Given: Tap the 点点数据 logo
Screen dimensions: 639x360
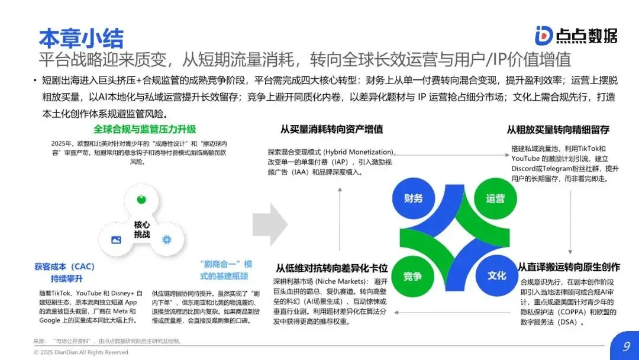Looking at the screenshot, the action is (575, 36).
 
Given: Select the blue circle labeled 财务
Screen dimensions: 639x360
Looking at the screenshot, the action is (414, 198).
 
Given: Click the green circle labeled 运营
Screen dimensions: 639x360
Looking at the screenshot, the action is (495, 198).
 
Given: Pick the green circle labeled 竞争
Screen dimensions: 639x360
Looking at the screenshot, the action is (412, 276).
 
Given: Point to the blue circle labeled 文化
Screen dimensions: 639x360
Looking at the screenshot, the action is (496, 276).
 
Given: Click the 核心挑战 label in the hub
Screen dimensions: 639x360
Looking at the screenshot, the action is (142, 230).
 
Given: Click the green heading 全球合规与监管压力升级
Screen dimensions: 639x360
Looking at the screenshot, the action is (144, 129).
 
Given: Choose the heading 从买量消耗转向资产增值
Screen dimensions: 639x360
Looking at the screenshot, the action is (331, 129).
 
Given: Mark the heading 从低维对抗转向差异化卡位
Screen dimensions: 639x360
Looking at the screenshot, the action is (331, 267).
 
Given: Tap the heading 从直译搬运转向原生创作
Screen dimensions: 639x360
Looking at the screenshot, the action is (569, 267).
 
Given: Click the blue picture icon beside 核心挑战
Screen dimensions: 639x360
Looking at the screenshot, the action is (116, 240).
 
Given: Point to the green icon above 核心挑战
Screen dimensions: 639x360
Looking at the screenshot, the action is (141, 200).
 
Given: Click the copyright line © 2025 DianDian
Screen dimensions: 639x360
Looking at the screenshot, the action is (82, 352).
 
